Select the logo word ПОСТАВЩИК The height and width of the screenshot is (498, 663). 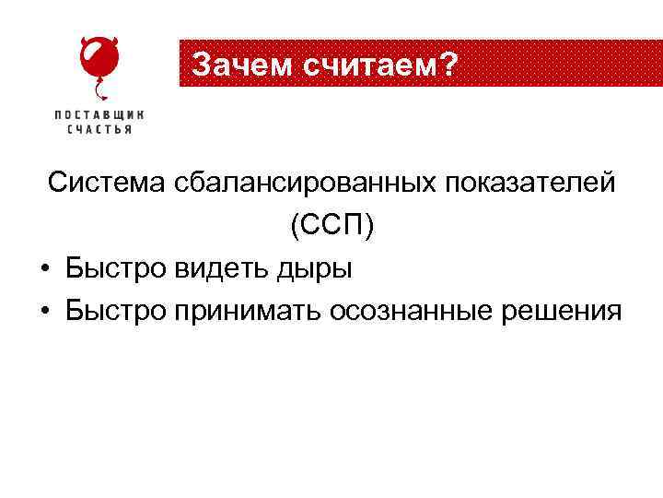[99, 114]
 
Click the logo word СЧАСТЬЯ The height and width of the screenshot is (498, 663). [99, 130]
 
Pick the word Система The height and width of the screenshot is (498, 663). [107, 183]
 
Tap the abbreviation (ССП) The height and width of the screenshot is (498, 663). [332, 226]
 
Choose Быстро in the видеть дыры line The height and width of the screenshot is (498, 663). [112, 268]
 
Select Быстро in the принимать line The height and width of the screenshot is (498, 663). [112, 312]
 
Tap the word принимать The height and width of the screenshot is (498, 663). [241, 312]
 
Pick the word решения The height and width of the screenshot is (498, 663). [562, 312]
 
